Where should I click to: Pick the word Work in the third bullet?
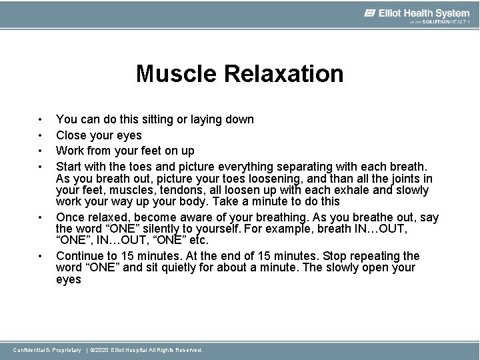(71, 151)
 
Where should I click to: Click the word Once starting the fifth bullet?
(71, 217)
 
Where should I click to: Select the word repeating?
(378, 256)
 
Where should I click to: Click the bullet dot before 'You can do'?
(41, 120)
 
